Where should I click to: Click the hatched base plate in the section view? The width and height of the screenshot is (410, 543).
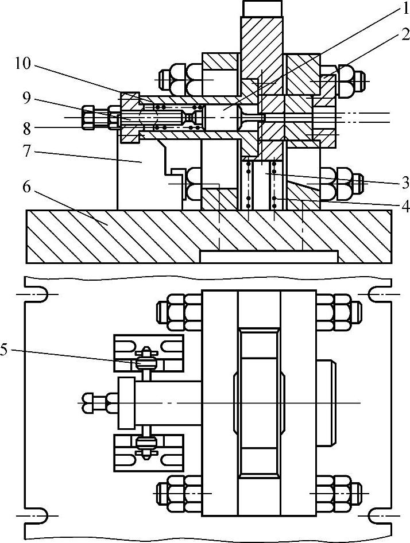coord(115,235)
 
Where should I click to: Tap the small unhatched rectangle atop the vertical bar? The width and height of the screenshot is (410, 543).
coord(262,8)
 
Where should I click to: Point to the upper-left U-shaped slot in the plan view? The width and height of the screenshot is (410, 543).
coord(36,294)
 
